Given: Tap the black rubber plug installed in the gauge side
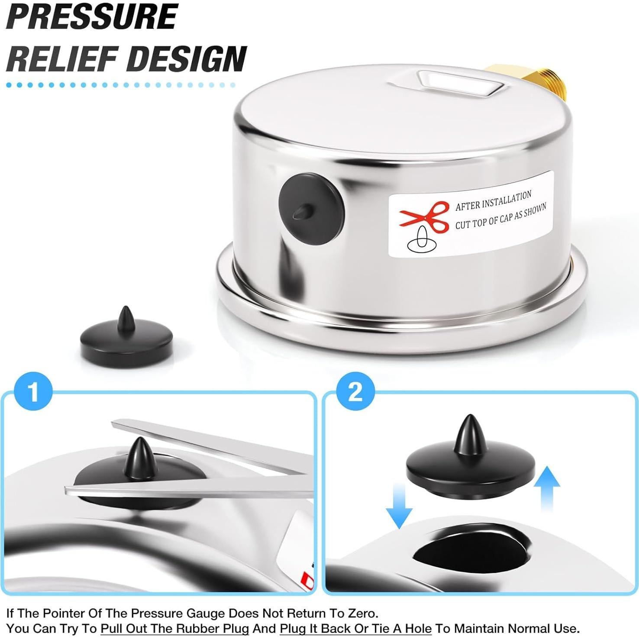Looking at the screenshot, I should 310,209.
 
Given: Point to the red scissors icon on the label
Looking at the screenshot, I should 425,216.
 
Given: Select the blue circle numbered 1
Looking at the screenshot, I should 33,392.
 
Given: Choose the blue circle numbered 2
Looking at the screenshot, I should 355,392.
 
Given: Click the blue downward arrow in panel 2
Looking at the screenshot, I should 399,506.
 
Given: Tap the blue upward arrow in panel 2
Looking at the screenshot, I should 547,487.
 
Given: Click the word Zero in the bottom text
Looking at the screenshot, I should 362,613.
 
